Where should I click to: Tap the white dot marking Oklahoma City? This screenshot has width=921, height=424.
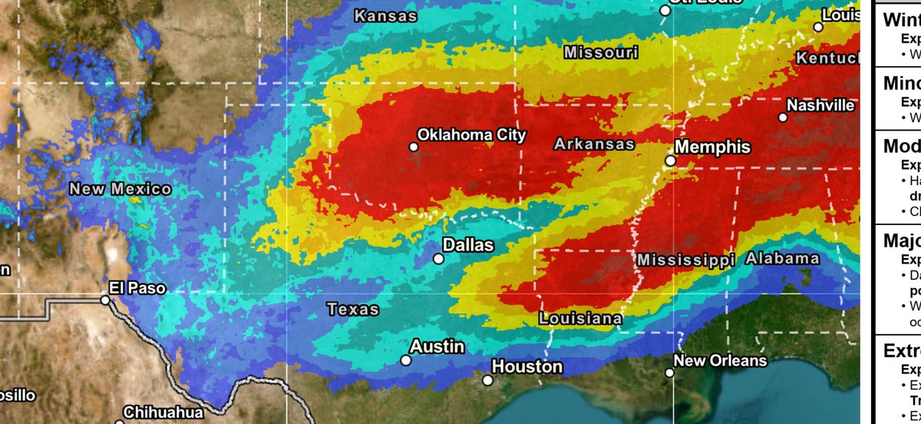[x=413, y=146]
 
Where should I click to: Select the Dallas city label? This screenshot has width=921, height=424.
[x=468, y=245]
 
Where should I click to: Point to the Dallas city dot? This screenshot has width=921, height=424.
[x=438, y=259]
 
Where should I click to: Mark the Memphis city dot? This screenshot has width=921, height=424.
[x=670, y=161]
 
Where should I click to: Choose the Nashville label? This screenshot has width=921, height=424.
[x=820, y=105]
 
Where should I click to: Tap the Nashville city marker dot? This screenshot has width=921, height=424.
[x=783, y=118]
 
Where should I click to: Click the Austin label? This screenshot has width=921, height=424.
[x=437, y=346]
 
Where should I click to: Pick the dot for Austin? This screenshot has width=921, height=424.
[x=406, y=359]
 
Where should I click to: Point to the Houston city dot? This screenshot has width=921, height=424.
[x=487, y=379]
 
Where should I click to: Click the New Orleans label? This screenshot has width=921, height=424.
[x=720, y=360]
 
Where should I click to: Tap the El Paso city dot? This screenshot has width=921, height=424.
[x=105, y=300]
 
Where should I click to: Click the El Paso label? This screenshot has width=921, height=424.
[x=137, y=289]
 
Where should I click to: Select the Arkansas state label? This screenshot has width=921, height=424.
[x=594, y=144]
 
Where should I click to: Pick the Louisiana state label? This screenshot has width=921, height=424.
[x=580, y=318]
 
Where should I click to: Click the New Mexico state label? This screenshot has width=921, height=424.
[x=120, y=189]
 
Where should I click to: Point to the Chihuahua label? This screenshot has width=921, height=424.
[x=164, y=412]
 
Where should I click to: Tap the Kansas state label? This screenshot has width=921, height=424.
[x=386, y=15]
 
